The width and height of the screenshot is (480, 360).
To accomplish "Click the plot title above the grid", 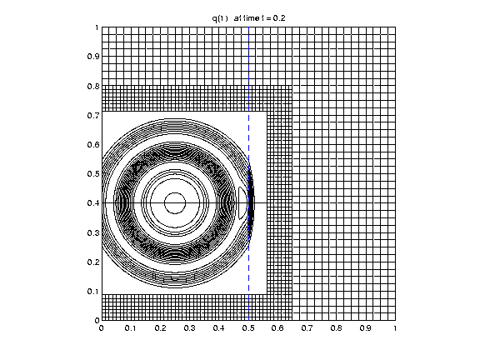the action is [248, 18].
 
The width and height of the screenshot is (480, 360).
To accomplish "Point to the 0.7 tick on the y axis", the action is [93, 115].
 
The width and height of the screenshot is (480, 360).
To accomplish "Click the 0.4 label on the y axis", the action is [93, 203].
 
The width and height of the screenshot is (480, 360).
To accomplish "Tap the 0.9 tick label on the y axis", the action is [93, 57].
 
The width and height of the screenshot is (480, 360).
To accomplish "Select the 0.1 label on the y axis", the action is [93, 292].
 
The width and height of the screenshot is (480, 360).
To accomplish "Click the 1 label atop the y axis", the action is [97, 27].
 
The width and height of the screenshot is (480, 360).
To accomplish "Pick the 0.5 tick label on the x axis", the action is [248, 328].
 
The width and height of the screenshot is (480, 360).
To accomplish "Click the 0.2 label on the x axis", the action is [160, 328].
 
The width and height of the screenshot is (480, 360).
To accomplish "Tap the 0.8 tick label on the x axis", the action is [337, 328].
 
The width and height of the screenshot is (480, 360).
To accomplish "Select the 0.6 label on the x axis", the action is [277, 328].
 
